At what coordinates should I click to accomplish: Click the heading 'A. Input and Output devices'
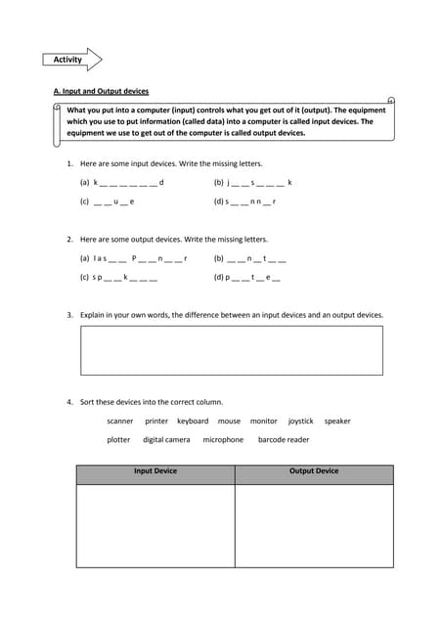tap(101, 91)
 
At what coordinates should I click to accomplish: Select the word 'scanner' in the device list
tap(120, 422)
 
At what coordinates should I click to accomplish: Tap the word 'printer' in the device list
tap(156, 422)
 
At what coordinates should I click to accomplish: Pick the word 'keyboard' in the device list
tap(193, 422)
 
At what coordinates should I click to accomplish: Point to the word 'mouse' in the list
tap(229, 422)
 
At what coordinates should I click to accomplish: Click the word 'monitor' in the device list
tap(264, 422)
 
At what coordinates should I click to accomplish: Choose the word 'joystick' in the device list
tap(300, 422)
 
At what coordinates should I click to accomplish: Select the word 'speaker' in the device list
tap(337, 422)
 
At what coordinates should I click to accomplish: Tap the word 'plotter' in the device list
tap(118, 440)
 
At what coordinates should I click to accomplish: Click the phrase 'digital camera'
tap(166, 440)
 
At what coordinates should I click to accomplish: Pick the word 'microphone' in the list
tap(223, 440)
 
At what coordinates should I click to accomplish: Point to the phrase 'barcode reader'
tap(284, 440)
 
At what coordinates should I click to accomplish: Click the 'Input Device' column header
tap(155, 471)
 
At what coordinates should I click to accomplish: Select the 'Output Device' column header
tap(314, 471)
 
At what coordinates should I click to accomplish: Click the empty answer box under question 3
tap(231, 350)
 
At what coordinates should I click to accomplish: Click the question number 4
tap(69, 402)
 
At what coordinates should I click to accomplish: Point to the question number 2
tap(69, 239)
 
